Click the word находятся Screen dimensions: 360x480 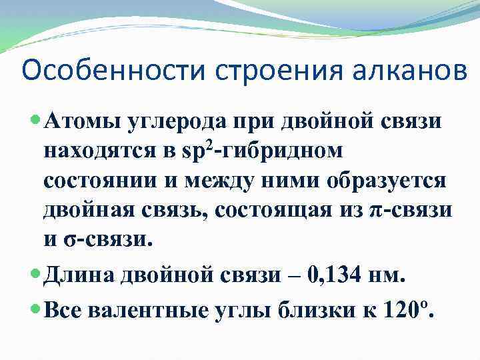97,152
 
